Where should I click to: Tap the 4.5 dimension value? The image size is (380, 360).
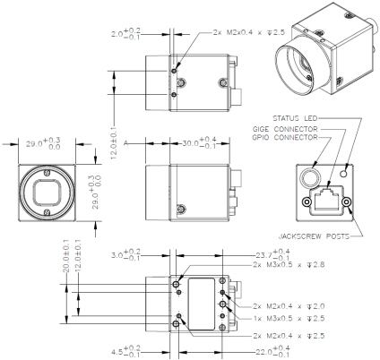(123, 350)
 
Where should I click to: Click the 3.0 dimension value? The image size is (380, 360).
(123, 255)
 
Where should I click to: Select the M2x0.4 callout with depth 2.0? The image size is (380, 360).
(273, 307)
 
